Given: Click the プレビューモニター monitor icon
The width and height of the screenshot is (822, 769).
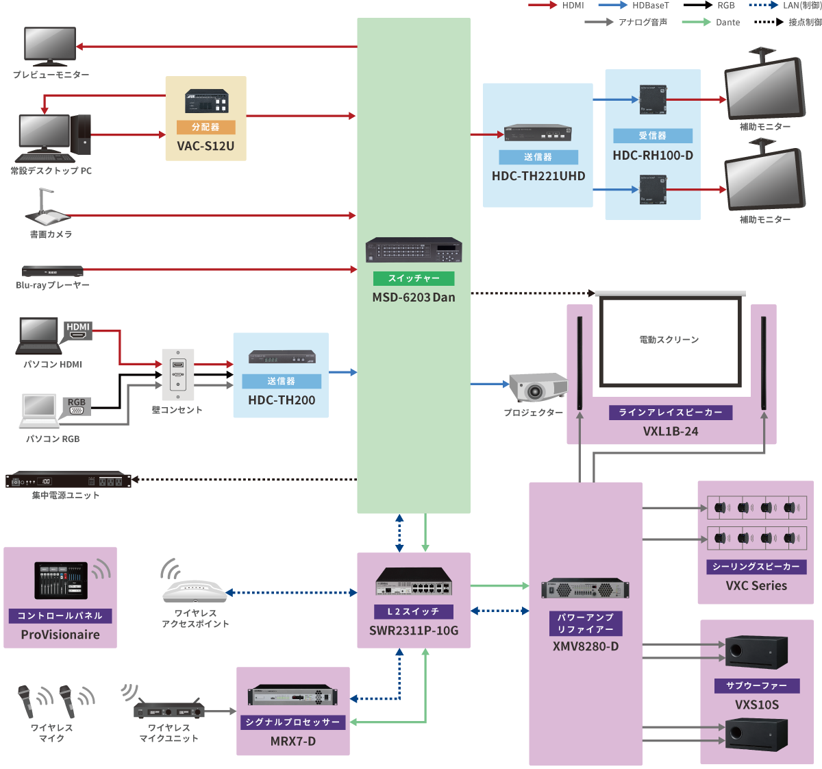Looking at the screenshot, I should click(x=50, y=46).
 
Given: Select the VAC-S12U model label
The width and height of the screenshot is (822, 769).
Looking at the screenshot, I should click(x=206, y=146).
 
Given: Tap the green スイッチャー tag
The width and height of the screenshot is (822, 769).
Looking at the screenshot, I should click(x=414, y=278).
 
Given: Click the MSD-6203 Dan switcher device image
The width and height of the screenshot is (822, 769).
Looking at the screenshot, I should click(x=414, y=250).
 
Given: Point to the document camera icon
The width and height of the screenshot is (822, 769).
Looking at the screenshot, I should click(x=47, y=208).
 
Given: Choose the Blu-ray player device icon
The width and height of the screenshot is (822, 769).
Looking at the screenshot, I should click(x=52, y=271).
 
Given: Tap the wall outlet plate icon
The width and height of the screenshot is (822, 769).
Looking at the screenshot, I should click(x=178, y=374).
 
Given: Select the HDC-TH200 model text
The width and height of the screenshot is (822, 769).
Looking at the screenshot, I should click(x=282, y=400).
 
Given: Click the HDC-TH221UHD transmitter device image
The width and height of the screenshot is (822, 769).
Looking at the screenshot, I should click(x=538, y=134).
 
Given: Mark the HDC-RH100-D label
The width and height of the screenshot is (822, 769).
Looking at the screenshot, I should click(x=653, y=156).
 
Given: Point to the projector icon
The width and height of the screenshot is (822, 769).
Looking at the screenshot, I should click(x=538, y=387).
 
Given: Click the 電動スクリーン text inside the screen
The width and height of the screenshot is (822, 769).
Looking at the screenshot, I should click(x=669, y=340).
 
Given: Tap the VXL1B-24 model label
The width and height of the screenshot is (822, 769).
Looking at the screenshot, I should click(x=671, y=432).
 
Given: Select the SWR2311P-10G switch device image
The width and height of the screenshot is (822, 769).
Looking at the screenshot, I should click(x=414, y=582).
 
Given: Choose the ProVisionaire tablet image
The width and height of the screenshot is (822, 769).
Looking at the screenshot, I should click(x=62, y=581).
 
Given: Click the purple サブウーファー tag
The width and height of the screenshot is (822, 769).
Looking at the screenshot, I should click(x=756, y=685).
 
